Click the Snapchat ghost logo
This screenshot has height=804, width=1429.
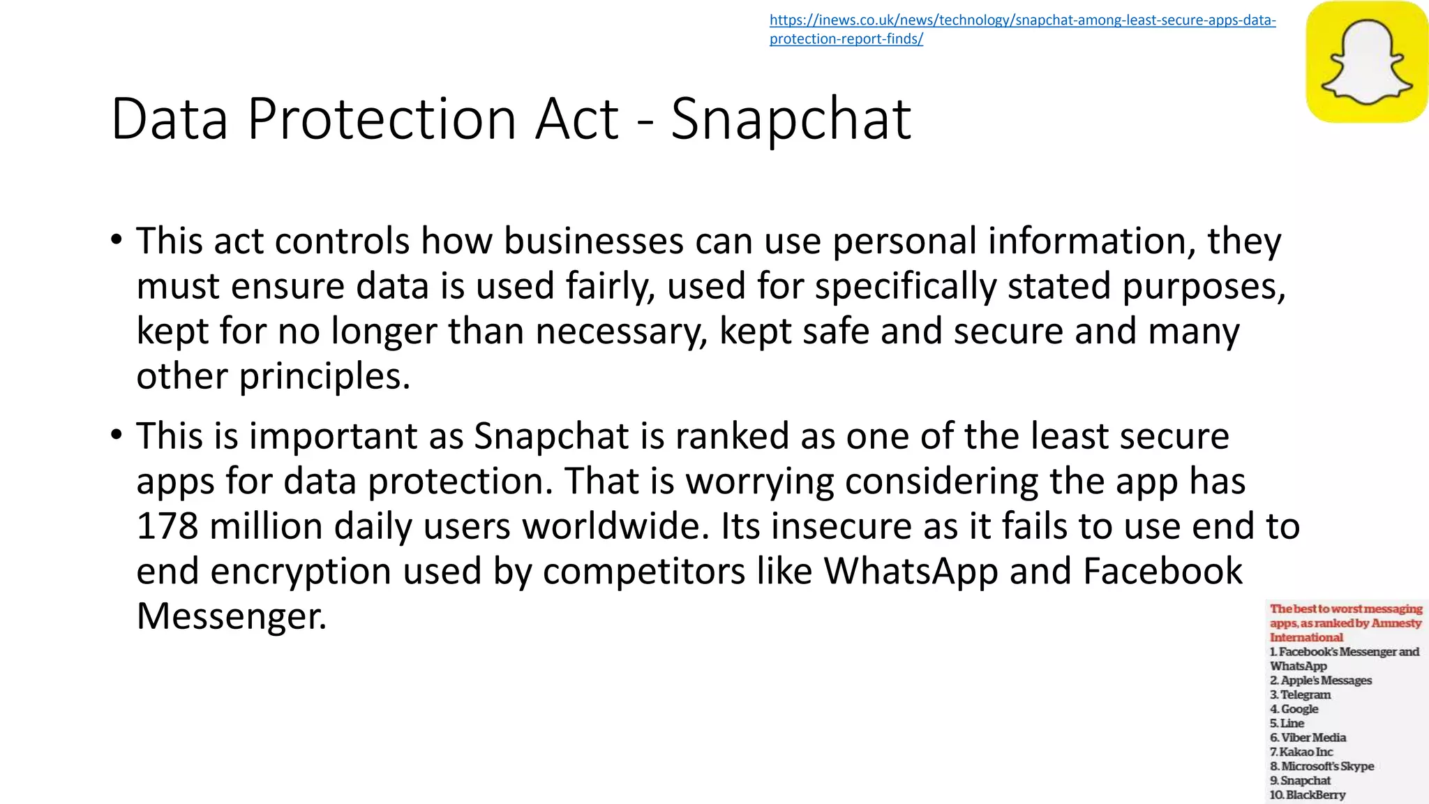point(1366,61)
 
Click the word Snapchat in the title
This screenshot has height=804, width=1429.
point(791,119)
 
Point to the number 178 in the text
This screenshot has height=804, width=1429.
point(167,526)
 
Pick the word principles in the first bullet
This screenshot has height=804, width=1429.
point(324,377)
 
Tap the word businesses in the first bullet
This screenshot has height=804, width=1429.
point(593,241)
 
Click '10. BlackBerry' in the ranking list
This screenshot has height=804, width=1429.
point(1307,795)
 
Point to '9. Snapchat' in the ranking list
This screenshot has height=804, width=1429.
point(1300,780)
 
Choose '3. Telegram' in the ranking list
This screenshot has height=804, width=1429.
point(1300,694)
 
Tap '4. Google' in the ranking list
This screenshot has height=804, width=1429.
point(1294,709)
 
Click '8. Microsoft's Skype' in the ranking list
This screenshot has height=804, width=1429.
point(1322,766)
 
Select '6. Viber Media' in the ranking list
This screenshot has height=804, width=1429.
point(1308,738)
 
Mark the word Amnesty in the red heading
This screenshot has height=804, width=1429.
point(1396,623)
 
